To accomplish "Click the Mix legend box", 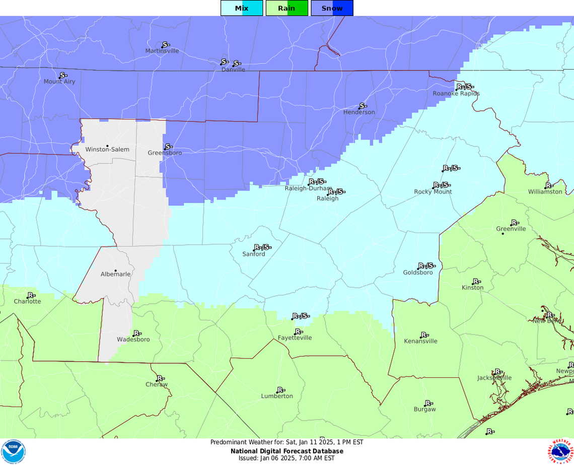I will tap(242, 8).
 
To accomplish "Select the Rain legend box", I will tap(286, 8).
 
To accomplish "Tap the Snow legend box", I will tap(332, 8).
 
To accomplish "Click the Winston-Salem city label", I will tap(107, 150).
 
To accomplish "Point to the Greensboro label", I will tap(165, 153).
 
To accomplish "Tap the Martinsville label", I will tap(162, 51).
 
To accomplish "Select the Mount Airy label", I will tap(59, 82).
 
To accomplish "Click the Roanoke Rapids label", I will tap(456, 94).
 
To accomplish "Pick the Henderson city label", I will tap(359, 112).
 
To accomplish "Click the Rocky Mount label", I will tap(433, 192).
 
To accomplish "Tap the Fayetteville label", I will tap(295, 338).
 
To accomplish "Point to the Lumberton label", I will tap(277, 396).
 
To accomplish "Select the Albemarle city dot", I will tap(115, 271).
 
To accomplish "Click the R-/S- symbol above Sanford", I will tap(262, 247).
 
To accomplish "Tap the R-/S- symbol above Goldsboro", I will tap(426, 266).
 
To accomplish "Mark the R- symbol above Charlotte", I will tap(31, 295).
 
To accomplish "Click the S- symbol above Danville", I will tap(237, 63).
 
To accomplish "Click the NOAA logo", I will tap(13, 451).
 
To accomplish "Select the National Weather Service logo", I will tap(560, 451).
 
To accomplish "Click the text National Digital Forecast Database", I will tap(287, 451).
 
